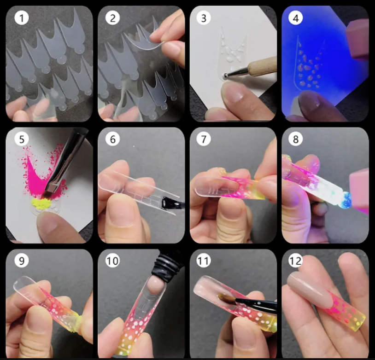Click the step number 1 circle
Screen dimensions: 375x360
(x=22, y=18)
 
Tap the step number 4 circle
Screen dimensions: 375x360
(x=296, y=18)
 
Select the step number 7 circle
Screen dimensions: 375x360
(x=204, y=139)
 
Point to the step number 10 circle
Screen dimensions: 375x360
(x=112, y=261)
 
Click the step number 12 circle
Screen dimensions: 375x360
(x=296, y=261)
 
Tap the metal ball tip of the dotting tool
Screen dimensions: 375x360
(x=226, y=76)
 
